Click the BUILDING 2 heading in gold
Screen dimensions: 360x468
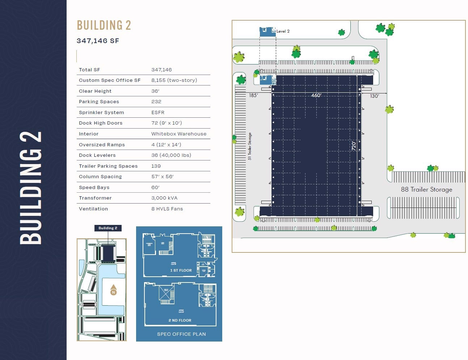[x=104, y=25]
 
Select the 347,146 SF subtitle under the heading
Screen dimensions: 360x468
[x=98, y=41]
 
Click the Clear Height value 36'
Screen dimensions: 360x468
[x=155, y=91]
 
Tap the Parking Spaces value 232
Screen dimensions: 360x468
[x=156, y=102]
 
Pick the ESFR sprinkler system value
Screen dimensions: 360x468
[x=158, y=113]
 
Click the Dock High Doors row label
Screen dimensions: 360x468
[x=101, y=123]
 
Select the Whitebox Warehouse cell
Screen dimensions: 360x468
[x=179, y=134]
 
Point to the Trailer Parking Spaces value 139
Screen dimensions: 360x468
[x=156, y=166]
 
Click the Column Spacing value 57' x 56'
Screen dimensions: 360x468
[x=163, y=177]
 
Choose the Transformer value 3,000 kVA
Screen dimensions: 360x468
[x=164, y=198]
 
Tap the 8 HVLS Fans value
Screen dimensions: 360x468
[x=167, y=209]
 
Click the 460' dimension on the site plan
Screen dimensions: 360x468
[x=316, y=95]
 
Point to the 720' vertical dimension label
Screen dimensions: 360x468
[x=354, y=146]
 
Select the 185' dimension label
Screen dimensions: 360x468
[x=253, y=96]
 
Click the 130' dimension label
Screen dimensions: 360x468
[x=374, y=96]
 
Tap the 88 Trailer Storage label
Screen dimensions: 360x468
[x=426, y=189]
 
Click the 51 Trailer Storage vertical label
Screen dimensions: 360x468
[x=250, y=146]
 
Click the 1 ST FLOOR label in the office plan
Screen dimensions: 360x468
[x=181, y=271]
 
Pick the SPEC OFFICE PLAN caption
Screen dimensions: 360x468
[x=181, y=334]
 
